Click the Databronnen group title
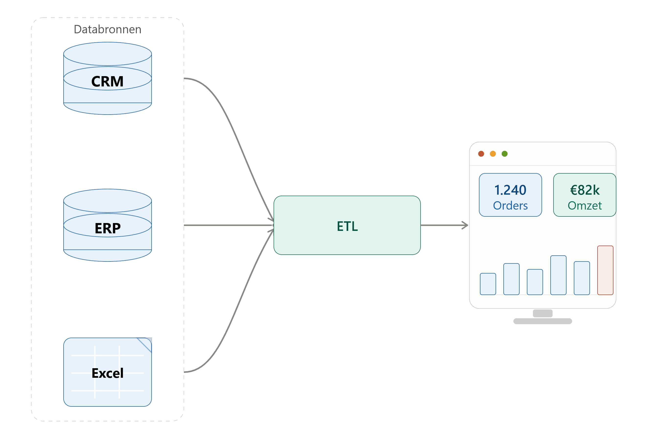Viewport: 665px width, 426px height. click(x=107, y=29)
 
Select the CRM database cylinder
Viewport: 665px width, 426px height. click(x=107, y=78)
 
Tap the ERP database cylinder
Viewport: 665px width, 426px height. click(x=107, y=225)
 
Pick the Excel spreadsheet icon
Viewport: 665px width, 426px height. click(x=107, y=372)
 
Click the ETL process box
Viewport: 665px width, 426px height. click(x=347, y=225)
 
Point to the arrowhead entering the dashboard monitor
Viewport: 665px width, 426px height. click(x=465, y=225)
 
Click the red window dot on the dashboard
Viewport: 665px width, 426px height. click(x=481, y=154)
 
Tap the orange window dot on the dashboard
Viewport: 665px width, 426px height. click(x=493, y=154)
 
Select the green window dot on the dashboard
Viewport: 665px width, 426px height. click(x=505, y=154)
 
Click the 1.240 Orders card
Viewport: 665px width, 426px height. click(x=510, y=195)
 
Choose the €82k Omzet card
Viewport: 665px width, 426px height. click(x=585, y=195)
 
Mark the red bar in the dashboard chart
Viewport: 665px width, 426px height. click(x=605, y=270)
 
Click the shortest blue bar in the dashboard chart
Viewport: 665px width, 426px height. click(x=488, y=284)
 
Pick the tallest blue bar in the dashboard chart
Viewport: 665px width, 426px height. click(x=558, y=275)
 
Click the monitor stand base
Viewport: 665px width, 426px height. click(x=543, y=321)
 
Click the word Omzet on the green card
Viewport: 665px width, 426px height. click(x=585, y=205)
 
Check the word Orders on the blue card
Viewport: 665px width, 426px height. click(x=510, y=205)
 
